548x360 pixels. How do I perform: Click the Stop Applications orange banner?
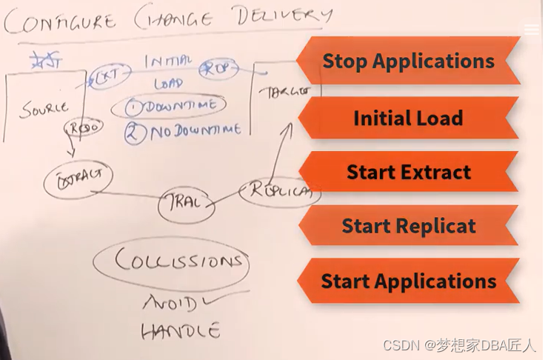408,61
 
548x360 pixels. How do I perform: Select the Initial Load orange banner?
408,118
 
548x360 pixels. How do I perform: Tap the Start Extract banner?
408,173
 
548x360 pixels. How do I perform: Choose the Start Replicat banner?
408,226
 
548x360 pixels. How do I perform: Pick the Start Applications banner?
408,281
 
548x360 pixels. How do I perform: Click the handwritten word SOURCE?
44,109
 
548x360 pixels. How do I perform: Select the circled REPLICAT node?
280,191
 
